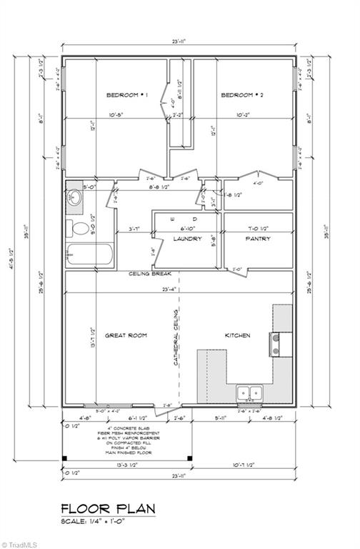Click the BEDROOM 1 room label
tap(126, 95)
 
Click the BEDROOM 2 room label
tap(242, 95)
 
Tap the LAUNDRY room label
tap(188, 239)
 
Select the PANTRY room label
tap(257, 239)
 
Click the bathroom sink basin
tap(76, 197)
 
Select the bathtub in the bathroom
tap(89, 254)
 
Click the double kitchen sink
tap(249, 392)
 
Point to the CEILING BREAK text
tap(149, 274)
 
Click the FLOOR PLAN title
tap(108, 508)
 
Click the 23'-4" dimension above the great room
tap(169, 290)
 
